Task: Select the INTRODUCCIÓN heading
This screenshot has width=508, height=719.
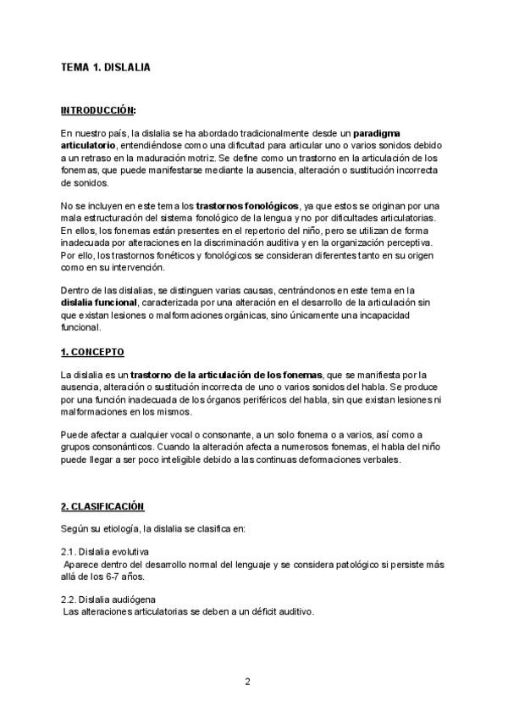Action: (98, 110)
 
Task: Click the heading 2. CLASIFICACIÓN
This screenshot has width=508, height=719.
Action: (102, 506)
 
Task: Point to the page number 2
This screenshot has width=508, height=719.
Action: (247, 682)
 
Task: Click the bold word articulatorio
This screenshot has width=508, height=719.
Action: (89, 146)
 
